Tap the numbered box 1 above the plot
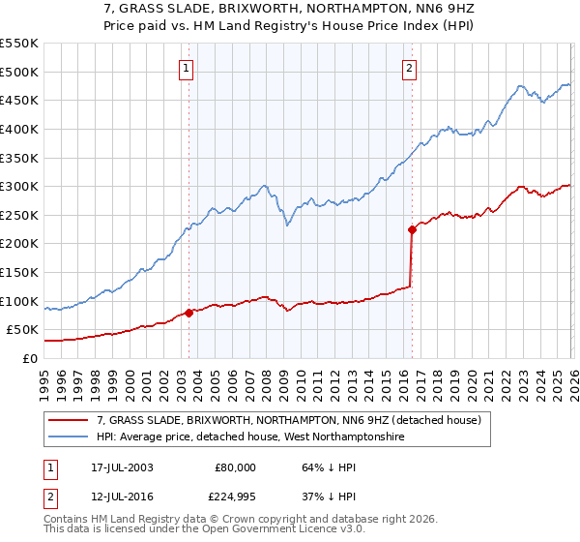[x=185, y=68]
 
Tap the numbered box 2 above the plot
[x=410, y=68]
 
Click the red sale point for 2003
[x=189, y=312]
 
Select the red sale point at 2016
[x=412, y=229]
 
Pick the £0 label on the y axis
[x=28, y=358]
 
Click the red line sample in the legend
[x=69, y=420]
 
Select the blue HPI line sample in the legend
[x=69, y=437]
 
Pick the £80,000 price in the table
[x=235, y=467]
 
